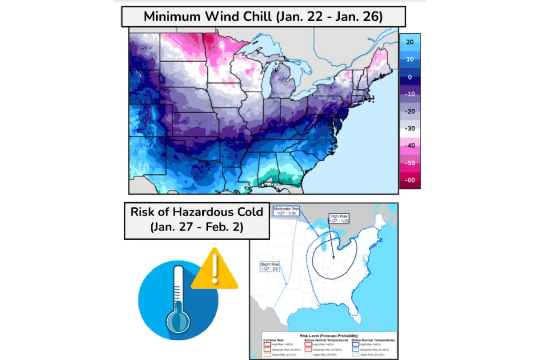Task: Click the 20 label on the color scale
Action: coord(410,42)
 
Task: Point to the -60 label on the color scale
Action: coord(410,180)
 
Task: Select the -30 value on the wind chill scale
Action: coord(410,128)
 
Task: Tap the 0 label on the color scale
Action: coord(410,77)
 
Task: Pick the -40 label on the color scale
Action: coord(410,146)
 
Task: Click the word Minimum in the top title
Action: coord(172,17)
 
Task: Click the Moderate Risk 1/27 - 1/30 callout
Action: coord(286,211)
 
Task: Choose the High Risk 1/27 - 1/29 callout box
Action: coord(339,218)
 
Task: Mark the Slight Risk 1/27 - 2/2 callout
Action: coord(270,266)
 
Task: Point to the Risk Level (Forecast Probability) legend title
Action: coord(329,336)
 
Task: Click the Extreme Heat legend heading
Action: coord(273,340)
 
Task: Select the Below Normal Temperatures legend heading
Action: coord(373,340)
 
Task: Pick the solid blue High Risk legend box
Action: coord(355,345)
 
